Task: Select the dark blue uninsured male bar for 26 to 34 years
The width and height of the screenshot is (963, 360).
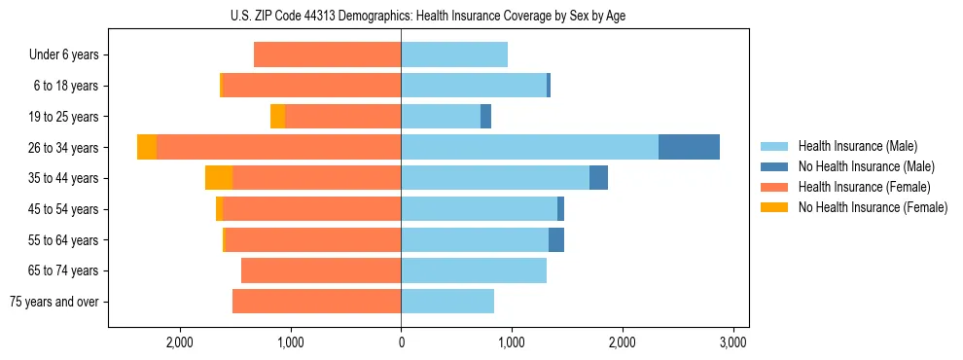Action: tap(689, 147)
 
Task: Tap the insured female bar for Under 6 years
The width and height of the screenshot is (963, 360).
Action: tap(327, 54)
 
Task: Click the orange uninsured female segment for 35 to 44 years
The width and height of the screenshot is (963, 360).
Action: tap(219, 178)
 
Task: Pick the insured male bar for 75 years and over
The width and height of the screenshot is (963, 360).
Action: tap(447, 302)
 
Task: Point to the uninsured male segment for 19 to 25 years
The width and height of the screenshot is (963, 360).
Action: tap(486, 117)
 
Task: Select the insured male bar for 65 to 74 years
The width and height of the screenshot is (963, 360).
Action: tap(474, 270)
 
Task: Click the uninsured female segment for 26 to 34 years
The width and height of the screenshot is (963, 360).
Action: tap(147, 147)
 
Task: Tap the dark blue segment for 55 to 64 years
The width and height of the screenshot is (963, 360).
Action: tap(556, 239)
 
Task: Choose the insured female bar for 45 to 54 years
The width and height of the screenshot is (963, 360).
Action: tap(312, 209)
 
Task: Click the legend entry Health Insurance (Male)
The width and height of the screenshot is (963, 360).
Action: tap(857, 146)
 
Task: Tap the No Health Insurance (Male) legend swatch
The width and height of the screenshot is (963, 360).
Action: tap(775, 166)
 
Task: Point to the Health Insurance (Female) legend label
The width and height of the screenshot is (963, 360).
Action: tap(864, 187)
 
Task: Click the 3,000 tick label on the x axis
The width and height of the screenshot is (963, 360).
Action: tap(732, 342)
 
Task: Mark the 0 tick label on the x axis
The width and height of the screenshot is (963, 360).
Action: tap(401, 342)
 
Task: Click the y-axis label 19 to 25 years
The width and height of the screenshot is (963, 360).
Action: tap(64, 117)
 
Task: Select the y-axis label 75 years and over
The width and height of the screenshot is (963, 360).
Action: tap(54, 302)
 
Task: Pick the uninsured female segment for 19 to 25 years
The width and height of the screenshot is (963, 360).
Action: tap(278, 117)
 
